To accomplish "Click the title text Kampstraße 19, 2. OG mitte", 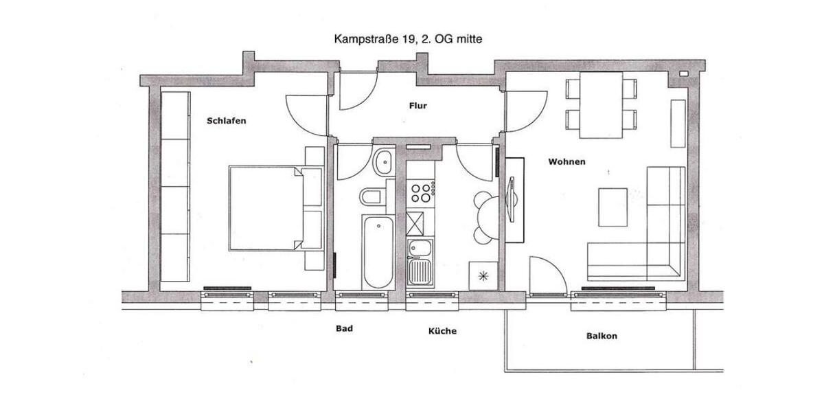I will pyautogui.click(x=408, y=39).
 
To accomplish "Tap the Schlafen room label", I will pyautogui.click(x=226, y=121).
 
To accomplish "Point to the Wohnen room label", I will pyautogui.click(x=566, y=162).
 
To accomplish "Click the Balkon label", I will pyautogui.click(x=602, y=336).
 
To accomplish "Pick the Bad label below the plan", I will pyautogui.click(x=344, y=329).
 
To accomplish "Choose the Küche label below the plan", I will pyautogui.click(x=442, y=331).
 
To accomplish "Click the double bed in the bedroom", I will pyautogui.click(x=268, y=208).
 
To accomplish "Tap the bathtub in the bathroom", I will pyautogui.click(x=378, y=252).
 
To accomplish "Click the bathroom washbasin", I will pyautogui.click(x=382, y=162).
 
